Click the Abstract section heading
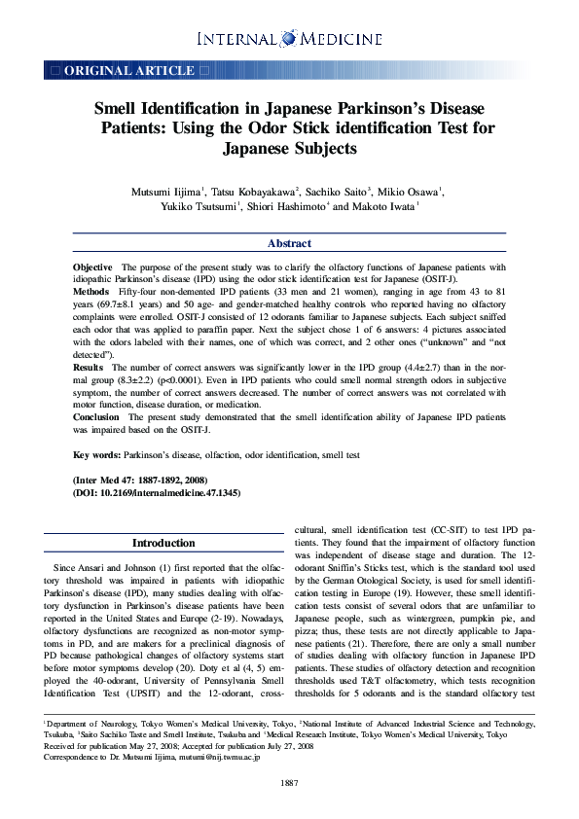289,244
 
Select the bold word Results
89,367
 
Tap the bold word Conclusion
96,417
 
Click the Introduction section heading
163,543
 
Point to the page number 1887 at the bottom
289,783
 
